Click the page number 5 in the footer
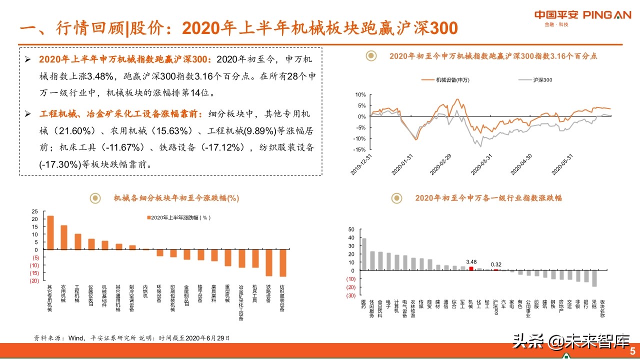pos(632,350)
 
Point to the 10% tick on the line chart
pos(360,94)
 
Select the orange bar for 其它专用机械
pos(50,232)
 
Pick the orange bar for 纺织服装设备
pos(283,263)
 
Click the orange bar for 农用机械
pos(64,237)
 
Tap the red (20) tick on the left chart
pos(34,280)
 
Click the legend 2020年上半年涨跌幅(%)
pos(180,217)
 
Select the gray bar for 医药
pos(364,254)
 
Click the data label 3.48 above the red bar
pos(471,261)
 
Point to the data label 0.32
pos(496,264)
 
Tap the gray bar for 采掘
pos(594,278)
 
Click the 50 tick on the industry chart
pos(351,229)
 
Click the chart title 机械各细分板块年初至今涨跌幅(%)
pos(176,198)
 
